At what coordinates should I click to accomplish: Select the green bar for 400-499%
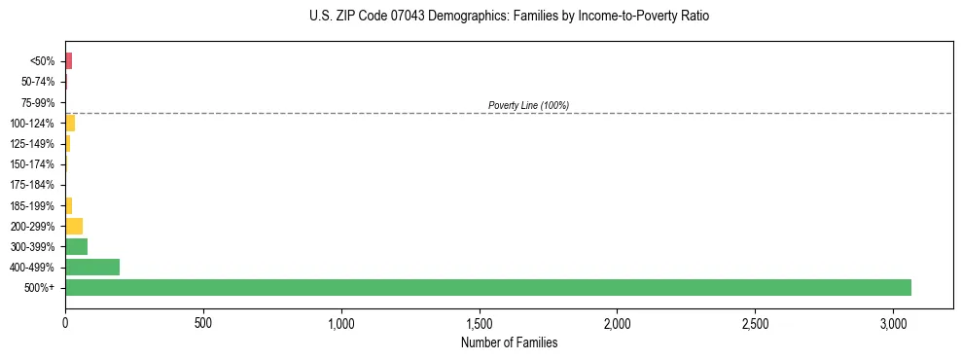92,267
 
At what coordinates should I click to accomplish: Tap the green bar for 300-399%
76,246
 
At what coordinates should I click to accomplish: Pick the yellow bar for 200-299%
74,226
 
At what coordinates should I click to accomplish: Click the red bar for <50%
69,61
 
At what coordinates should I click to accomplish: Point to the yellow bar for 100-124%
70,124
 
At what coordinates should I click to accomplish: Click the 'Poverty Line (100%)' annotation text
528,105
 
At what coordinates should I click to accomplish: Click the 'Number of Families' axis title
510,342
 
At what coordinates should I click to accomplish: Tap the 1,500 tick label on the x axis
480,322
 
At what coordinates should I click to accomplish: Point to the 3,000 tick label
894,322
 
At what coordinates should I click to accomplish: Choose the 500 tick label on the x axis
203,322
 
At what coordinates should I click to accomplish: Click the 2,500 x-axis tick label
756,322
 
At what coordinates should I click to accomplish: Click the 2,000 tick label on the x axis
618,322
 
